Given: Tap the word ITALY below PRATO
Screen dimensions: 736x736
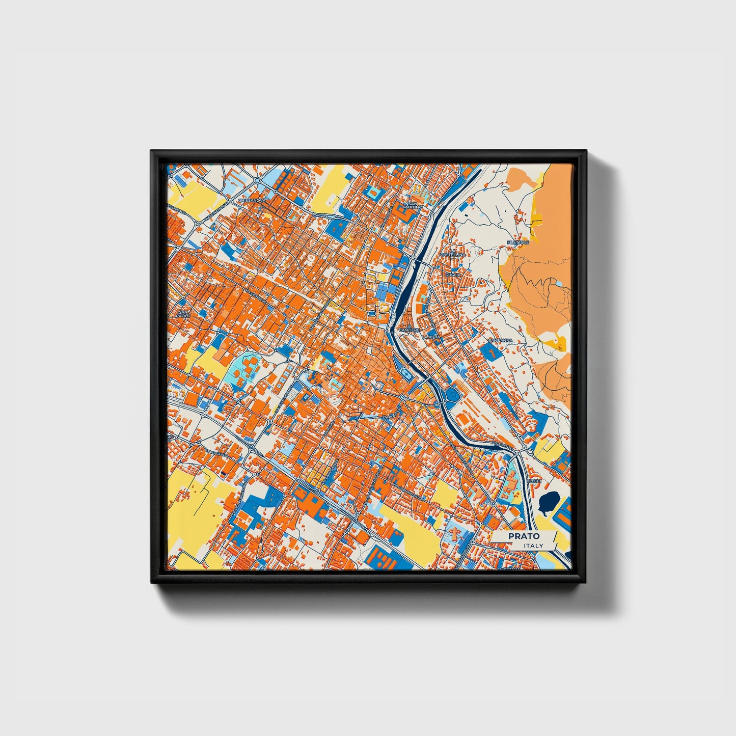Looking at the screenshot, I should tap(533, 546).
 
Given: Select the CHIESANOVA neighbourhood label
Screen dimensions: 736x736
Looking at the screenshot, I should tap(252, 200).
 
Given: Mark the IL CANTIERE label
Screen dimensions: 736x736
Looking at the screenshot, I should tap(409, 329).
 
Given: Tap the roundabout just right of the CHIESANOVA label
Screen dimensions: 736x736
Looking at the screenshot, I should tap(257, 181).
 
